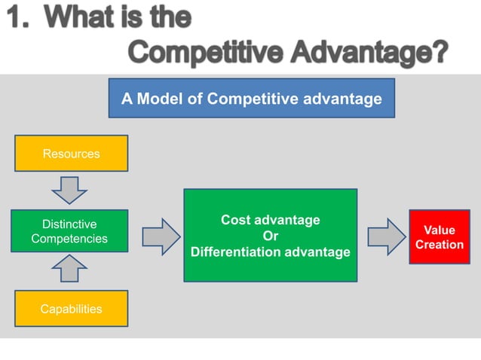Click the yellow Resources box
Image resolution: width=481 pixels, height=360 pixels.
click(71, 154)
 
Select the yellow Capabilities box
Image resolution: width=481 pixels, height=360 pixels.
click(71, 309)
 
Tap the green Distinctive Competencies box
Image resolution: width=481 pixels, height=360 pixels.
click(69, 231)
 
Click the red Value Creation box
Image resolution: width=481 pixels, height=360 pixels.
click(439, 237)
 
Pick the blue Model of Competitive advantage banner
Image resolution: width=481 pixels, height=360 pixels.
click(252, 99)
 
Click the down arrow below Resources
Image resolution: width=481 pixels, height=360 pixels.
click(69, 190)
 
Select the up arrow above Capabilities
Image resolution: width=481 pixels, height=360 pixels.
click(69, 268)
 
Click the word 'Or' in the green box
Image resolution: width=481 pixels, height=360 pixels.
click(270, 236)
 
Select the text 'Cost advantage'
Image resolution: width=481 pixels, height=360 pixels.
click(270, 220)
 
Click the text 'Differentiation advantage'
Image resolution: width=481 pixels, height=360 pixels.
click(270, 252)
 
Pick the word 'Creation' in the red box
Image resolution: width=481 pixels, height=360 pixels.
click(439, 245)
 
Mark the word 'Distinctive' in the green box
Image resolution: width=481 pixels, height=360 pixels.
click(69, 224)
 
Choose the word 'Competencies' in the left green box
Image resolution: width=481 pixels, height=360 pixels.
click(69, 239)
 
